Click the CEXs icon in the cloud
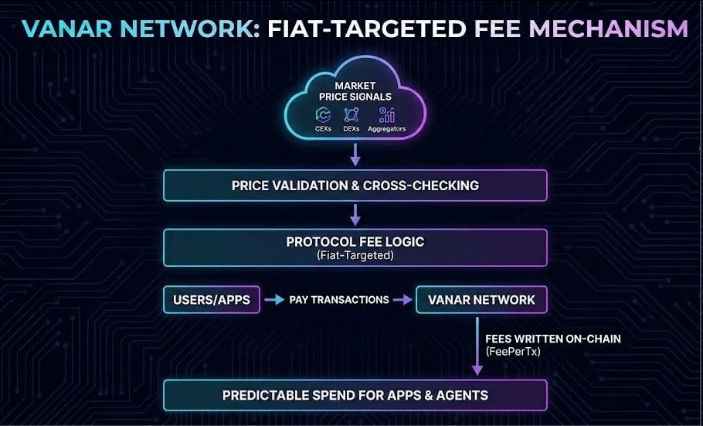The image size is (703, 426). click(x=323, y=114)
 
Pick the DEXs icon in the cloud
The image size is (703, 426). click(x=351, y=114)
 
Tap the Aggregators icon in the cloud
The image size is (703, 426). click(x=387, y=114)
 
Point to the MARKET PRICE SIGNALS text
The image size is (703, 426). click(x=355, y=90)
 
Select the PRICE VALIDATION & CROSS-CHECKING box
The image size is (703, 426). click(x=355, y=186)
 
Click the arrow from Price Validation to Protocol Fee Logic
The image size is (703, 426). click(x=355, y=214)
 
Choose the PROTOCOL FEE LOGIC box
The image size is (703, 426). click(x=355, y=247)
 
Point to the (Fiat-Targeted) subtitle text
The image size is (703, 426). click(x=355, y=255)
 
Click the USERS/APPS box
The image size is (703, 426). click(x=212, y=300)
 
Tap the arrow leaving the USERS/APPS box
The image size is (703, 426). click(x=273, y=300)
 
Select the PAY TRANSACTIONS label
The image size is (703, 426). click(x=339, y=300)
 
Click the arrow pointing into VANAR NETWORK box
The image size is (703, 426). click(x=402, y=300)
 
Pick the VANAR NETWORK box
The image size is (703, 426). click(x=481, y=300)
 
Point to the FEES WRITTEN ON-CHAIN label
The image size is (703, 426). click(x=552, y=339)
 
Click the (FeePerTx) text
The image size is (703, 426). click(x=513, y=350)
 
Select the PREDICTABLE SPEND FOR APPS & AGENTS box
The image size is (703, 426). click(x=355, y=395)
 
